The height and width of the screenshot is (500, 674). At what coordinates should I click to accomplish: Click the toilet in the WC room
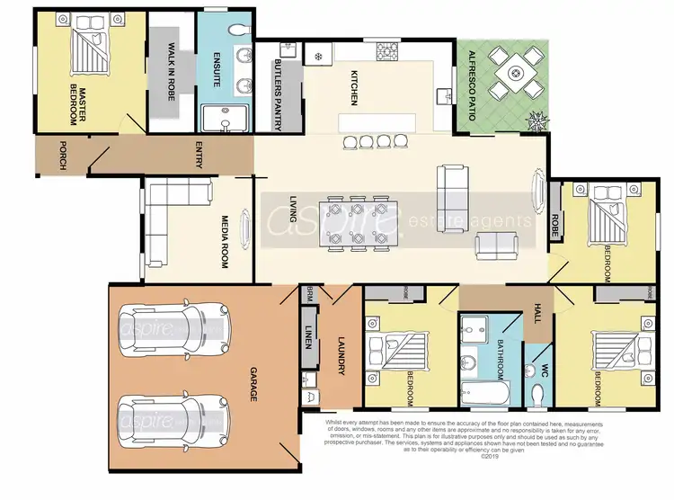pos(538,393)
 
